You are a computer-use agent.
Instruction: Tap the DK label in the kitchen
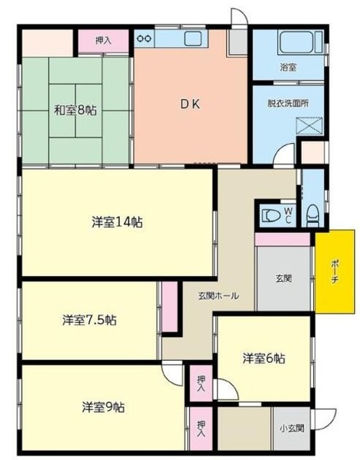coord(190,103)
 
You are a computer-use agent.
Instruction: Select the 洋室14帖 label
coord(117,221)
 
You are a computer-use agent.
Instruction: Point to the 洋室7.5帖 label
coord(89,320)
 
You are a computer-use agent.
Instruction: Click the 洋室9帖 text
coord(103,406)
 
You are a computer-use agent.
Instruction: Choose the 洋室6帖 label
coord(262,357)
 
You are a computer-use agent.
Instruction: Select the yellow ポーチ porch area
coord(335,272)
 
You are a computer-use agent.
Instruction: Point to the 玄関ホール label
coord(219,295)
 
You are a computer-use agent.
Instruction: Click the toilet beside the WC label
coord(272,214)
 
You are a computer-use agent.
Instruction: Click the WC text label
coord(288,213)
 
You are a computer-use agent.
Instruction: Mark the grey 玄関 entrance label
coord(282,279)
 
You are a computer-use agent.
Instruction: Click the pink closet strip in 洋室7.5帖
coord(170,307)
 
